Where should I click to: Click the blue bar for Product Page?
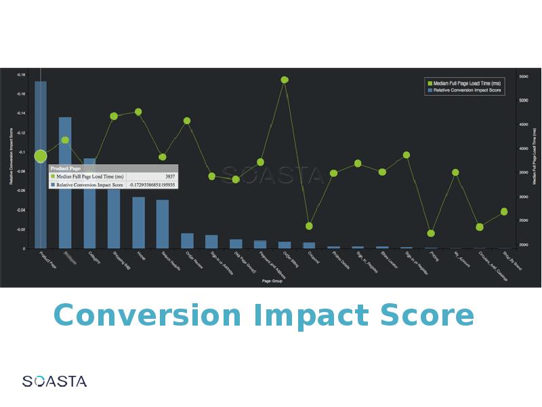(x=41, y=203)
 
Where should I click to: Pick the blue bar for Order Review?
(x=187, y=241)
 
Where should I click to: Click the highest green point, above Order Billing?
(x=285, y=79)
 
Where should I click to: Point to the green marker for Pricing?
(x=431, y=233)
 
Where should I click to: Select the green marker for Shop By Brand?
(x=504, y=212)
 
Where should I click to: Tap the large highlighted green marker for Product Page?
(x=41, y=156)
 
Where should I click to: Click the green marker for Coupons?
(x=309, y=226)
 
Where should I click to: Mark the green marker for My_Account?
(x=455, y=172)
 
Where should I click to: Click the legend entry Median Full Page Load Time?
(x=462, y=83)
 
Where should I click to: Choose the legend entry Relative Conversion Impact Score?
(x=466, y=90)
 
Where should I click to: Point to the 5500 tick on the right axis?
(x=524, y=77)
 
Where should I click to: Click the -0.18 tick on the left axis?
(x=20, y=75)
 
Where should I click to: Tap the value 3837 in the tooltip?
(x=169, y=176)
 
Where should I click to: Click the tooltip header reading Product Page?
(x=66, y=168)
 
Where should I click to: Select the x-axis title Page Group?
(x=272, y=280)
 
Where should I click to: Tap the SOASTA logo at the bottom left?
(x=54, y=381)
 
